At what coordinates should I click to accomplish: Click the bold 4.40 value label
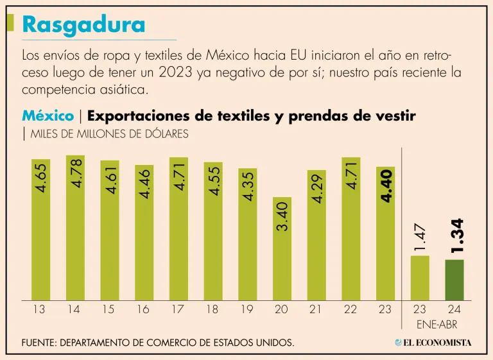pos(386,187)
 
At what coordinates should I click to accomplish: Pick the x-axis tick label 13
pos(39,309)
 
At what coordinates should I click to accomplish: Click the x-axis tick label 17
pos(178,309)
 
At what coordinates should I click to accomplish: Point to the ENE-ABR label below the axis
pos(437,324)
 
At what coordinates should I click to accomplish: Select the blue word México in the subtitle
pos(48,116)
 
